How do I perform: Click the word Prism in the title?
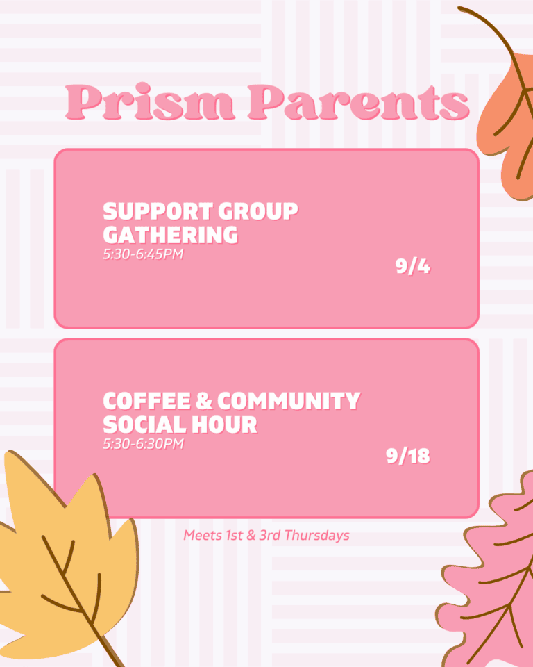tap(150, 101)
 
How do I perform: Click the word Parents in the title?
tap(359, 102)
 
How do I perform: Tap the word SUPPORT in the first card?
tap(158, 211)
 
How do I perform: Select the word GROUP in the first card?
tap(258, 211)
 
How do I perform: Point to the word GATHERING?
tap(171, 235)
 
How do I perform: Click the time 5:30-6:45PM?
tap(143, 254)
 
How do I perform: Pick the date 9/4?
tap(413, 266)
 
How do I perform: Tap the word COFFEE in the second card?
tap(147, 401)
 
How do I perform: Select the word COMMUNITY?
tap(289, 401)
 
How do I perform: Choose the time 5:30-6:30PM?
tap(143, 444)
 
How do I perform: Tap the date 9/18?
tap(408, 456)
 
